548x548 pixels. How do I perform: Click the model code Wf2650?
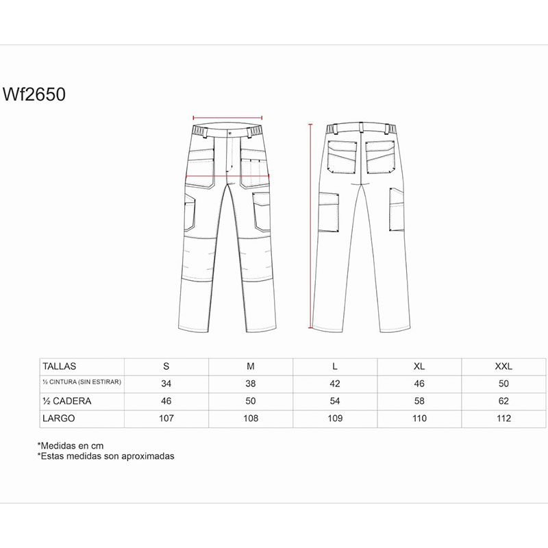click(34, 95)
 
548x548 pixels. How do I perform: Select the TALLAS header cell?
click(59, 366)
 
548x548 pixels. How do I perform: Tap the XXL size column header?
click(503, 366)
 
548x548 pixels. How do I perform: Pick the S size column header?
click(166, 366)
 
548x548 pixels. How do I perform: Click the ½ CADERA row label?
click(66, 401)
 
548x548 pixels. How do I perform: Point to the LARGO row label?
click(59, 419)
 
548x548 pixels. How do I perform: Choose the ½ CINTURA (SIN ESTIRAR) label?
click(82, 382)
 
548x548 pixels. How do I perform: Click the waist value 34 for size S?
click(166, 384)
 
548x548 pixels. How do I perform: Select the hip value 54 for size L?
click(335, 401)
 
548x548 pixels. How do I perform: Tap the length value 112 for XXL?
click(503, 419)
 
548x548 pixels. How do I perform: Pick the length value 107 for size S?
click(166, 419)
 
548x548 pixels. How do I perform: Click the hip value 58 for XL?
click(419, 401)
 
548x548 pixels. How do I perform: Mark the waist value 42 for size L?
click(335, 384)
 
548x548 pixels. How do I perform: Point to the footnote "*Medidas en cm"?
click(71, 446)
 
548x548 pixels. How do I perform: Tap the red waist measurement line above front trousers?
click(227, 118)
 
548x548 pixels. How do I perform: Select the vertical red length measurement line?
click(310, 226)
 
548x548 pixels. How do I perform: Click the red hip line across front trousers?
click(227, 176)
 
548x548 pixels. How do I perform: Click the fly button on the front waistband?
click(229, 133)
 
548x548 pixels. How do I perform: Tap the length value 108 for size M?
click(251, 419)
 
